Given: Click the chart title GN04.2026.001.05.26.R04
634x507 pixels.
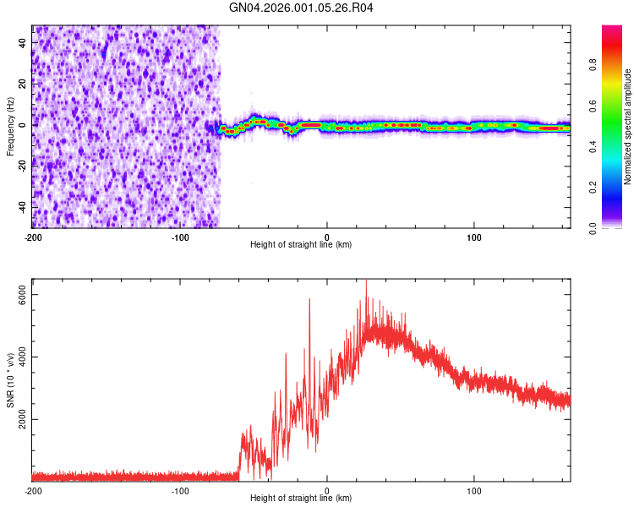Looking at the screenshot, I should pos(302,8).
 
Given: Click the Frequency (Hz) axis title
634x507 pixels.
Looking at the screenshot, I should pos(10,127).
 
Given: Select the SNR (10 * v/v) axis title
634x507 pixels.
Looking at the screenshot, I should pos(10,380).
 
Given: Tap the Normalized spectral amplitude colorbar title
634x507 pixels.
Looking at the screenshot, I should pos(628,127).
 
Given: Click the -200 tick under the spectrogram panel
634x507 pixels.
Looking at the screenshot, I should pos(32,236).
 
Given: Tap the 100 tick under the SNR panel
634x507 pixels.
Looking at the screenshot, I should pos(474,490).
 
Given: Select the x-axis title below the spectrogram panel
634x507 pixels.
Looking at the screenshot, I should pos(301,244).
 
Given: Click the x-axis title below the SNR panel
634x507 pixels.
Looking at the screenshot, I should pos(301,499).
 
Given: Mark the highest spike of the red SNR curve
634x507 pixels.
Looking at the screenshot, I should pos(366,281).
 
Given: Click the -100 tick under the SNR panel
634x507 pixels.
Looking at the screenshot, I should pos(179,490).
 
